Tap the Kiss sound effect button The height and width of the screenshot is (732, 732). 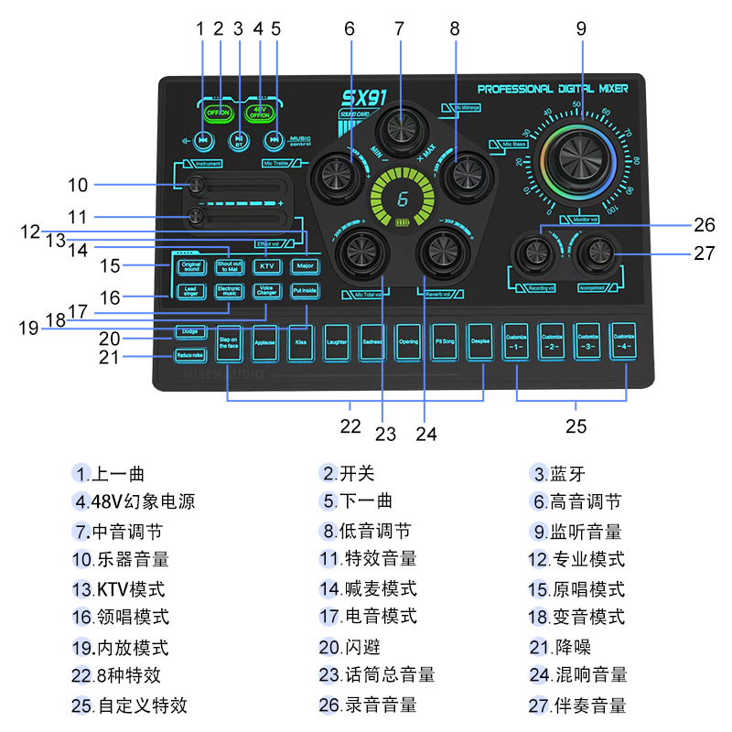[x=301, y=342]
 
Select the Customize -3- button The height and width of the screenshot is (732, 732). [x=587, y=342]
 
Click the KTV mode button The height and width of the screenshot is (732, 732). [x=266, y=266]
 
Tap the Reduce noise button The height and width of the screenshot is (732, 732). [x=190, y=355]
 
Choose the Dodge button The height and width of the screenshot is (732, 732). [x=190, y=330]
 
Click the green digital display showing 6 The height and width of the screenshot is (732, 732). [x=402, y=199]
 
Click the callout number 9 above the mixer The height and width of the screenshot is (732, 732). [x=580, y=28]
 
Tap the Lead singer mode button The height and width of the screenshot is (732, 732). [x=190, y=291]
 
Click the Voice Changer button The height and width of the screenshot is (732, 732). [x=266, y=291]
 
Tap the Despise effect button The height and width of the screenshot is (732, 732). [x=479, y=342]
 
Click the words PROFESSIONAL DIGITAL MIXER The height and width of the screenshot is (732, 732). [x=553, y=89]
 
